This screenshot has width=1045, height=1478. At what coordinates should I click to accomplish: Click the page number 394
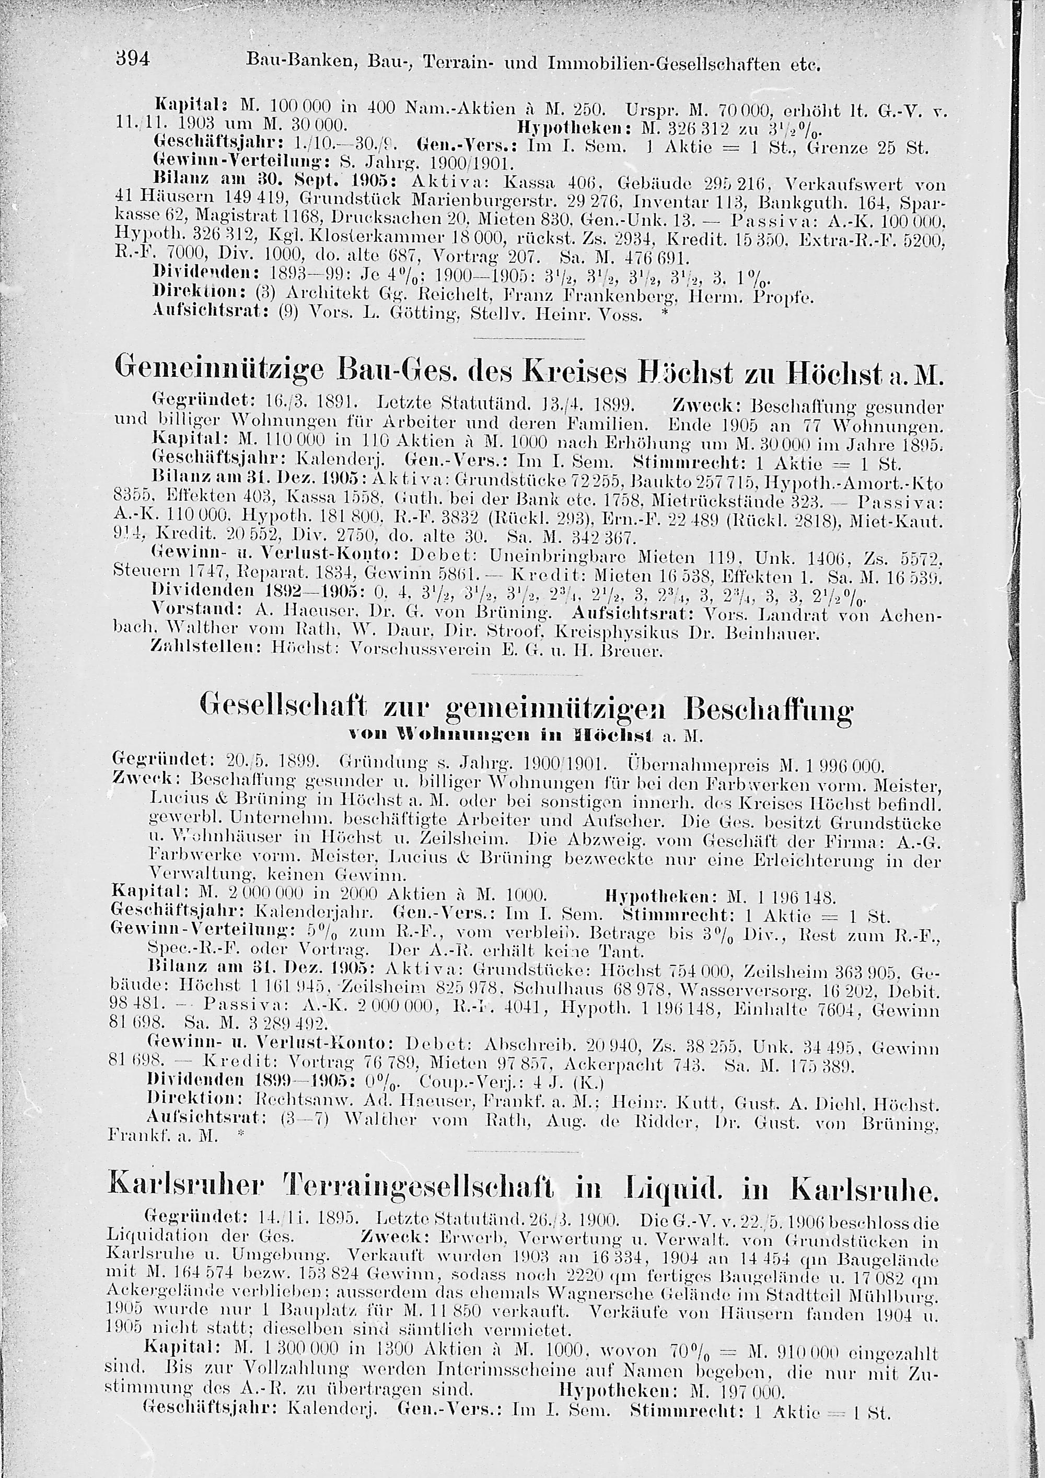(134, 60)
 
